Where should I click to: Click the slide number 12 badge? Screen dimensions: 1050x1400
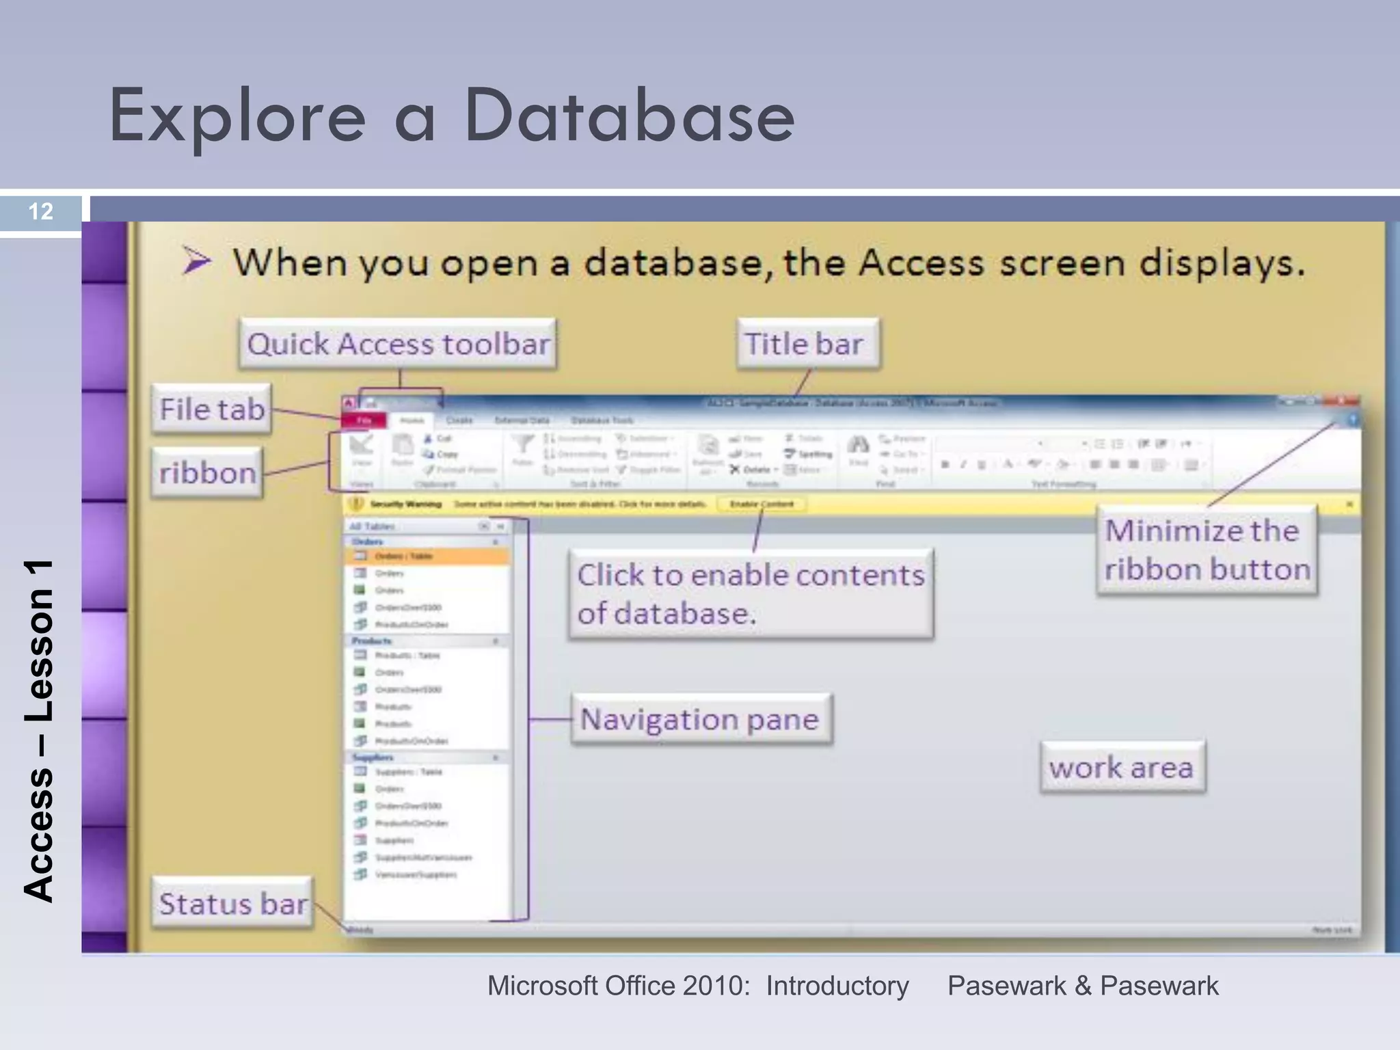coord(41,211)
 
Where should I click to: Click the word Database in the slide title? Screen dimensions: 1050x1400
coord(629,116)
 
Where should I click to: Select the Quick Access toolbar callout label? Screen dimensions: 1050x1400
coord(398,344)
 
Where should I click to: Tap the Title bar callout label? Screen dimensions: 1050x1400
coord(807,344)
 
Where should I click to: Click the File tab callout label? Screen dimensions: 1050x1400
coord(212,409)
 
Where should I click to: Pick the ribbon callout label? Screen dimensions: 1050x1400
coord(207,472)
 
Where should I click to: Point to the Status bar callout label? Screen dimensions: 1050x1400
coord(232,904)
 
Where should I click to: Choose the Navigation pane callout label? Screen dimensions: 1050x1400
coord(701,719)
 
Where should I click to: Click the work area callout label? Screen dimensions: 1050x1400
coord(1121,767)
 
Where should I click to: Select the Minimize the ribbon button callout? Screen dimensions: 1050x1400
coord(1207,550)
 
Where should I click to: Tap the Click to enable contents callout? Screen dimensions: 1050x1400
coord(750,593)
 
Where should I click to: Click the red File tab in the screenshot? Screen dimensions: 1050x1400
coord(364,420)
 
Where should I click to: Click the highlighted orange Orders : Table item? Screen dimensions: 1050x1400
coord(427,556)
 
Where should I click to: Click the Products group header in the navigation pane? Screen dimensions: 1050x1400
coord(373,641)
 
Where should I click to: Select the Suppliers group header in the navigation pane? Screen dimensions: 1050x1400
coord(373,757)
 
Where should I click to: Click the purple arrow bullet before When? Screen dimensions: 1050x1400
coord(197,262)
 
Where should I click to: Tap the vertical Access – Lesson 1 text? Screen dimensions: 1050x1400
coord(39,731)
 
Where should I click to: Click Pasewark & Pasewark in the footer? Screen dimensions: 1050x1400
coord(1082,986)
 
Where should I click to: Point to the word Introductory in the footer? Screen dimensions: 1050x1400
coord(837,986)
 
